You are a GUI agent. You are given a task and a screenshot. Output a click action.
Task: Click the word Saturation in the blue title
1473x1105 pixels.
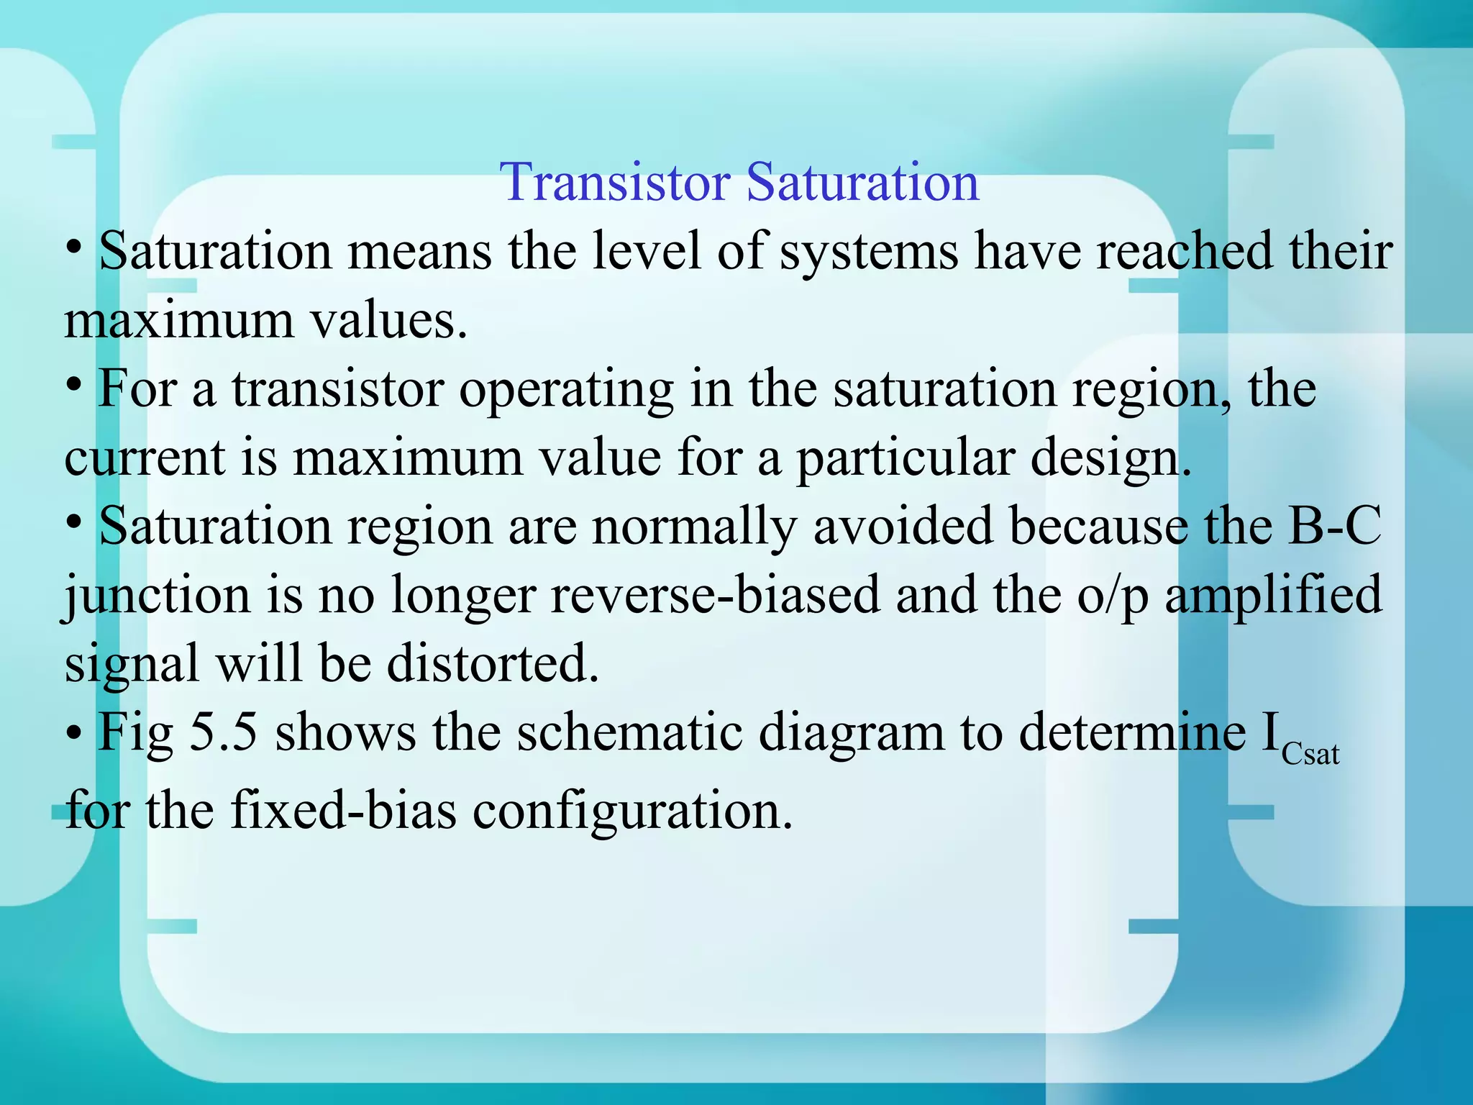pos(862,182)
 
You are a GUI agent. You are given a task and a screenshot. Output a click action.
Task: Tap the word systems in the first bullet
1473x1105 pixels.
pos(869,252)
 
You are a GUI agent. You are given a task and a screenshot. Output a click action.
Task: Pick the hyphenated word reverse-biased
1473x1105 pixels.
pos(715,596)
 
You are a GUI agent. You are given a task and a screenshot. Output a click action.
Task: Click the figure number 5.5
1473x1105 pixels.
pos(223,732)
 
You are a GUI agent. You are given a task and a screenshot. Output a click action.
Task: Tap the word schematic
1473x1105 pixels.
pos(629,732)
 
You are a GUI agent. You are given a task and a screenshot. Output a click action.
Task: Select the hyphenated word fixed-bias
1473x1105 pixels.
pos(343,810)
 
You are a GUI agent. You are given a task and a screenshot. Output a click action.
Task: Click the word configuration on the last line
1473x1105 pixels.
pos(626,810)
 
